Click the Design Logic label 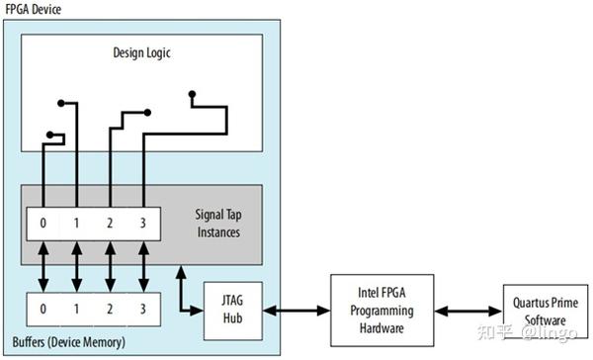click(x=143, y=51)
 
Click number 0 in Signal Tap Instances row click(x=42, y=224)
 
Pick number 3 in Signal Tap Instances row click(x=143, y=224)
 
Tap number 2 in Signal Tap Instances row click(x=110, y=224)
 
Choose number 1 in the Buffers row click(x=76, y=310)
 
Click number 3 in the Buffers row click(x=143, y=310)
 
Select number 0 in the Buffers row click(x=42, y=310)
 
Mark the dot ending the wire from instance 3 click(x=193, y=94)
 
